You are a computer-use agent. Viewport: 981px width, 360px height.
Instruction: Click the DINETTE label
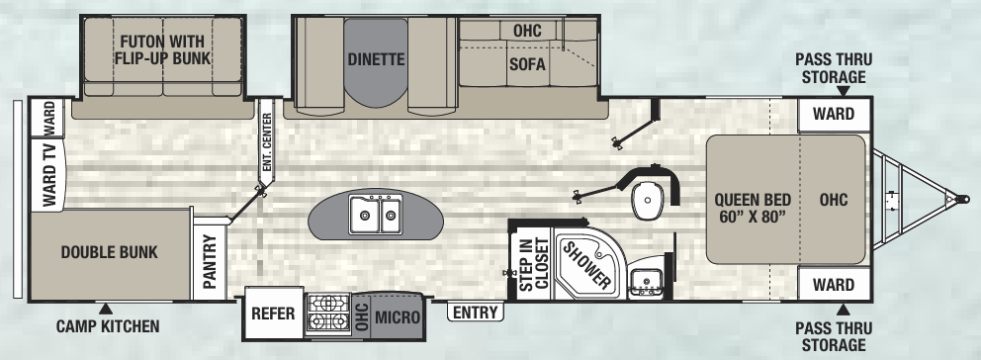377,59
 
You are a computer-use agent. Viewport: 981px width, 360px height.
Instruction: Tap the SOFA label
527,66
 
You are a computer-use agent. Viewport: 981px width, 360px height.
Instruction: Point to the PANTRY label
210,261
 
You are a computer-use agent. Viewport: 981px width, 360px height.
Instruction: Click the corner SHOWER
587,263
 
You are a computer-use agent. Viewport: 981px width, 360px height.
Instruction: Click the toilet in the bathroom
648,201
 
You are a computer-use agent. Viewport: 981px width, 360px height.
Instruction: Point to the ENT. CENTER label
266,143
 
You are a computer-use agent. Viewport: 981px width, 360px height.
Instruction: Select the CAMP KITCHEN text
107,325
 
